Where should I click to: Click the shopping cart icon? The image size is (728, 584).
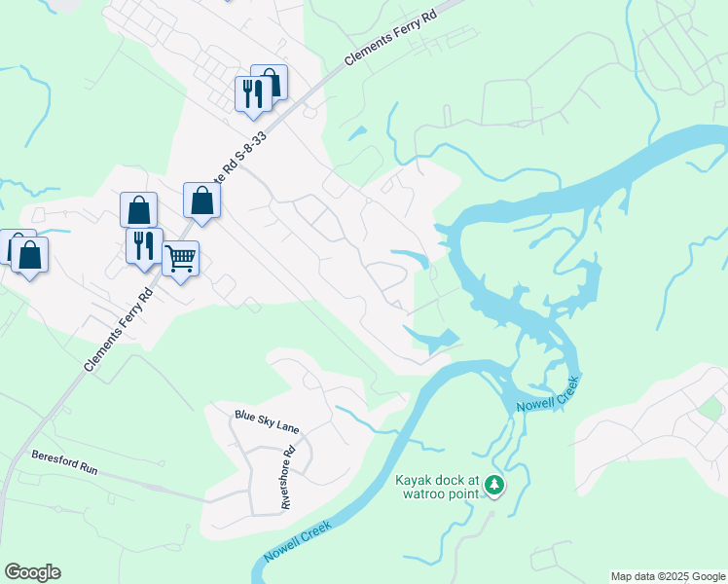(180, 259)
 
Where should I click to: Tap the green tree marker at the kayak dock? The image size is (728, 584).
(495, 484)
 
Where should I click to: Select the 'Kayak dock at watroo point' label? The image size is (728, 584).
(438, 486)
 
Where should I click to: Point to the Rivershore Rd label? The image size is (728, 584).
(287, 478)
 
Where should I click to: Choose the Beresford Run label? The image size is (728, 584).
(64, 461)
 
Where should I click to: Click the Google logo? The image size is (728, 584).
(32, 572)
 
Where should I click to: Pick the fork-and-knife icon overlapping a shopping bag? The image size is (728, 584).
(251, 92)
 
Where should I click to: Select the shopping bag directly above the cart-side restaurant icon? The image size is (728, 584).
(139, 209)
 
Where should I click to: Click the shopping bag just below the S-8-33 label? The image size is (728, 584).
(201, 201)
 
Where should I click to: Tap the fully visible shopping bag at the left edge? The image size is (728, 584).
(30, 255)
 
